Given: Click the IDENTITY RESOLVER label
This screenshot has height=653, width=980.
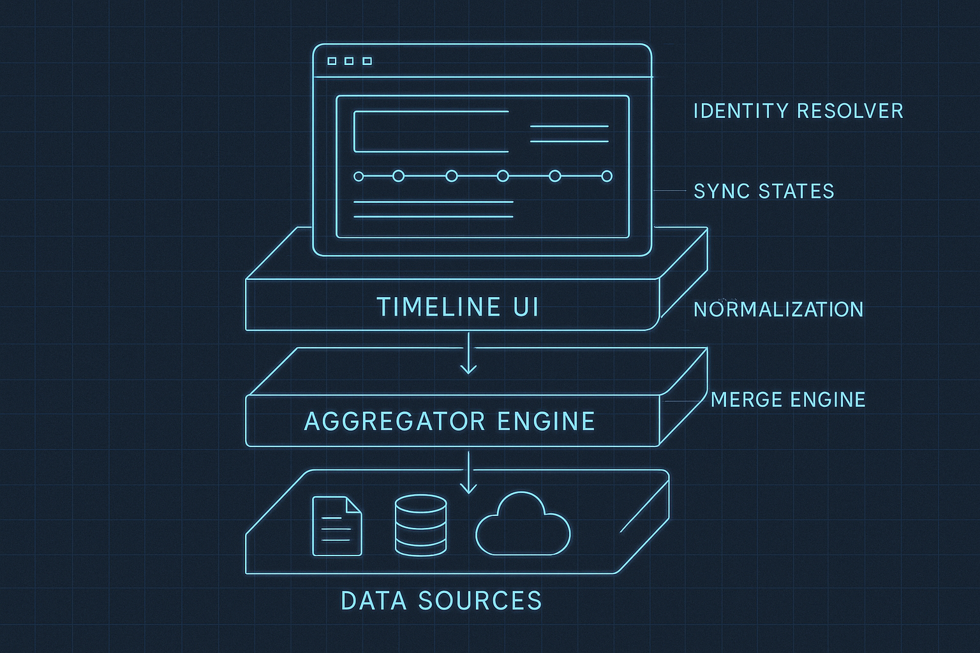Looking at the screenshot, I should pyautogui.click(x=798, y=111).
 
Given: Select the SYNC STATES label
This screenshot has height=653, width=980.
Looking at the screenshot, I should pyautogui.click(x=764, y=191).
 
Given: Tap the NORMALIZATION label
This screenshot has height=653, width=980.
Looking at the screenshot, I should pyautogui.click(x=778, y=309).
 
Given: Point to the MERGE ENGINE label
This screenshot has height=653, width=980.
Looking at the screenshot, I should pyautogui.click(x=788, y=400).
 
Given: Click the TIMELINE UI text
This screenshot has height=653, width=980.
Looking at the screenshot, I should pyautogui.click(x=457, y=307).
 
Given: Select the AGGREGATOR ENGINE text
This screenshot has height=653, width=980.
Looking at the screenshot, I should pyautogui.click(x=450, y=422).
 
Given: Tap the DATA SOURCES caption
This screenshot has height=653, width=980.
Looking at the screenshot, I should pyautogui.click(x=442, y=601).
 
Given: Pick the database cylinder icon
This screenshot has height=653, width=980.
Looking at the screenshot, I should pyautogui.click(x=420, y=525).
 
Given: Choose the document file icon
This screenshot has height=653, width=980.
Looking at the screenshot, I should pyautogui.click(x=336, y=526).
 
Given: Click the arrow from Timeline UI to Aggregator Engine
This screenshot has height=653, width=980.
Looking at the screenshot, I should pyautogui.click(x=469, y=354).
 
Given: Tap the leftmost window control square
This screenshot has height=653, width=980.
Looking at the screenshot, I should pyautogui.click(x=332, y=61).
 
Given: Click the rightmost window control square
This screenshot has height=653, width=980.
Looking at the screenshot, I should pyautogui.click(x=367, y=61).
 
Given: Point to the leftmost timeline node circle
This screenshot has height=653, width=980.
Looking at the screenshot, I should pyautogui.click(x=359, y=177).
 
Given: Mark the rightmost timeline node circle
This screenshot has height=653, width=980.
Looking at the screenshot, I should pyautogui.click(x=607, y=176).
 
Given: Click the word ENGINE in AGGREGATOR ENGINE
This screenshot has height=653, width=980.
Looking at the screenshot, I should pyautogui.click(x=546, y=422).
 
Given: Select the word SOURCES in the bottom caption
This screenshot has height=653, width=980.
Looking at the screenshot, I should pyautogui.click(x=480, y=601).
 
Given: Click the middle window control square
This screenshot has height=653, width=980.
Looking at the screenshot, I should pyautogui.click(x=349, y=61).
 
